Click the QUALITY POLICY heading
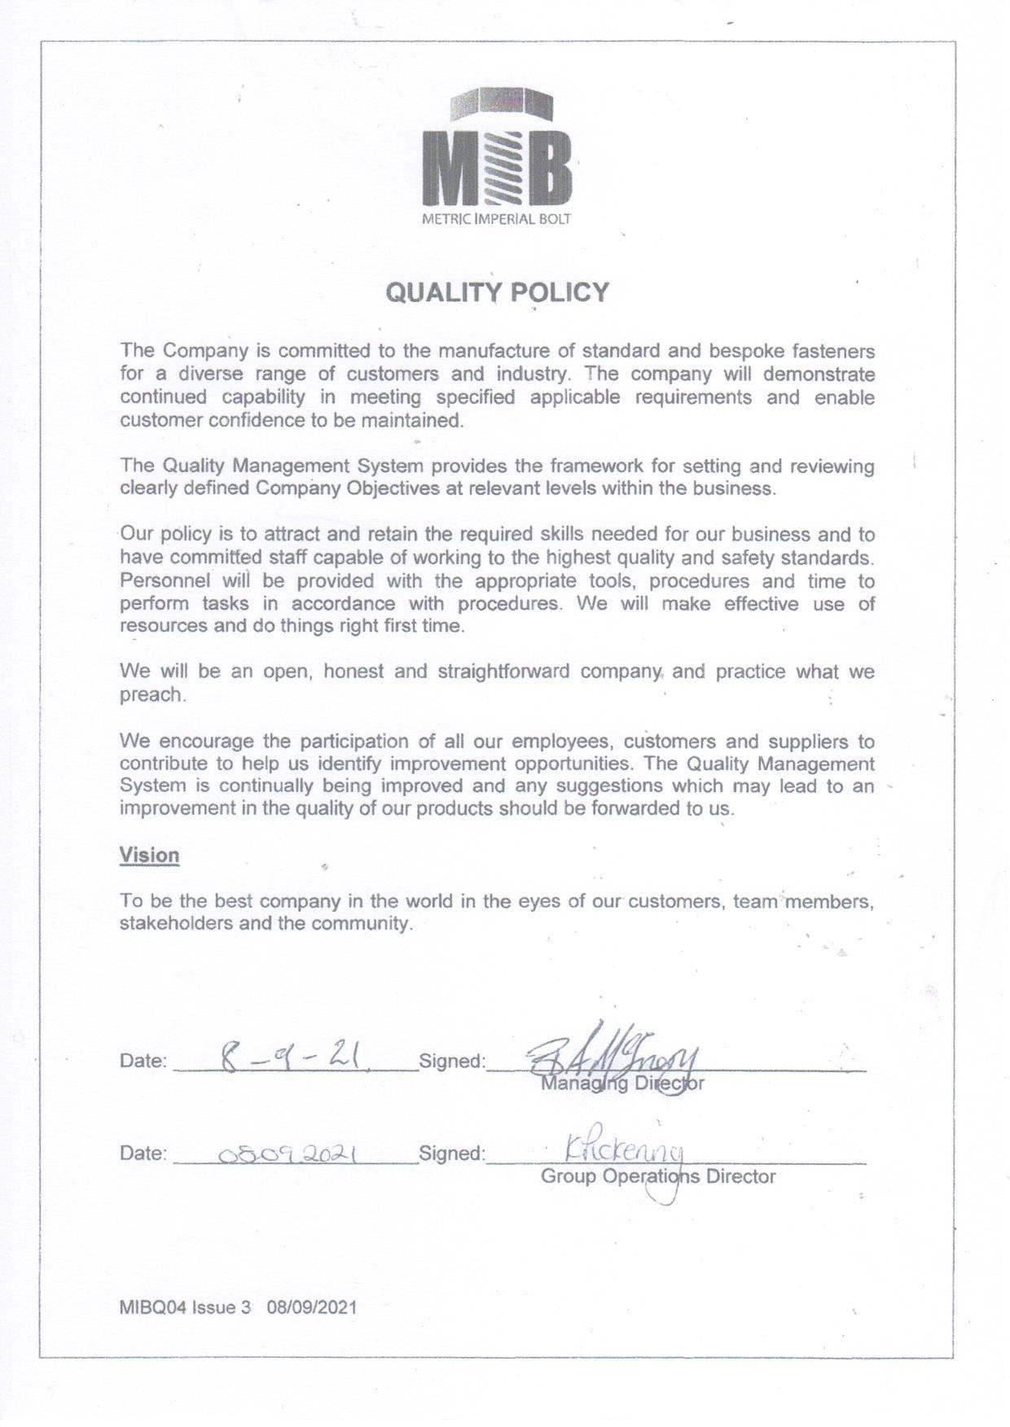(x=497, y=292)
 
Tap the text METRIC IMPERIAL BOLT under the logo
(x=496, y=219)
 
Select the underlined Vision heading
(x=149, y=855)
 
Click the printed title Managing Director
(x=622, y=1083)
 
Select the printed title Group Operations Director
(x=658, y=1176)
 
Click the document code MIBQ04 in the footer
(x=153, y=1307)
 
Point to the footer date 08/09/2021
(x=311, y=1307)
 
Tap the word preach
(x=151, y=695)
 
